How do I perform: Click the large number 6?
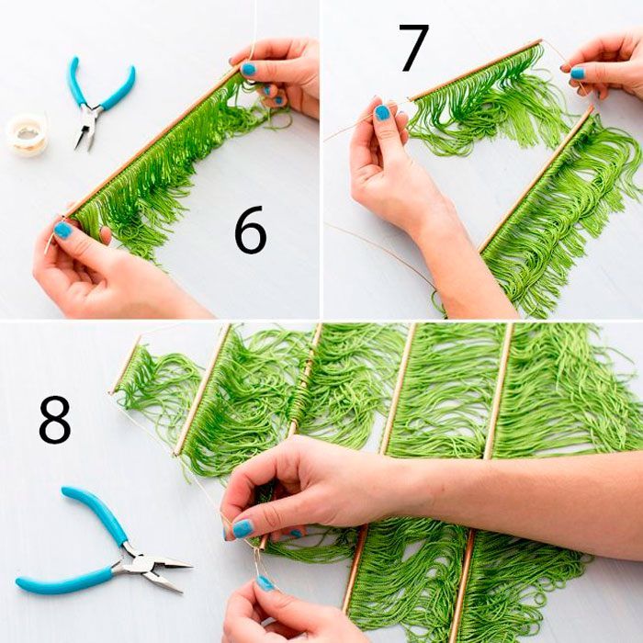[250, 230]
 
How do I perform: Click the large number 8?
[55, 419]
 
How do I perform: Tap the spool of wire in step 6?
[27, 135]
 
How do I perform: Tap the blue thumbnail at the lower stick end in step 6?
[62, 230]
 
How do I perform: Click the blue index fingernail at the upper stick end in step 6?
[248, 69]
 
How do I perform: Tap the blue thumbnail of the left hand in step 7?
[382, 113]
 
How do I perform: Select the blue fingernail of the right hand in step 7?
[578, 73]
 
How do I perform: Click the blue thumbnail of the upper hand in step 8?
[243, 528]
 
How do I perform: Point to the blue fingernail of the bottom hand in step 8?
[265, 583]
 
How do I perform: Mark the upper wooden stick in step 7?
[476, 70]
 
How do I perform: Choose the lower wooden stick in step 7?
[536, 179]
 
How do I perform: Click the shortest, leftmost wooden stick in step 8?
[125, 364]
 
